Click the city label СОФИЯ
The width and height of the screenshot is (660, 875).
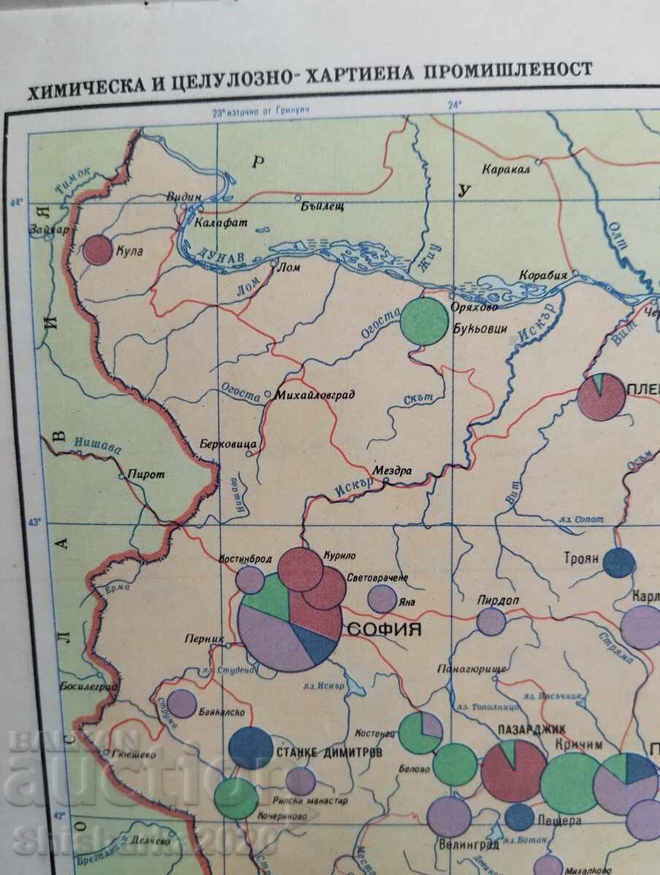(x=384, y=629)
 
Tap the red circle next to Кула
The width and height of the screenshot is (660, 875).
(x=97, y=250)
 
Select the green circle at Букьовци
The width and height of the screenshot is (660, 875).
(x=425, y=320)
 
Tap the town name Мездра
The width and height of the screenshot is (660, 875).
(x=393, y=472)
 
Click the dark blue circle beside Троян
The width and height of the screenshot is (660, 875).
(x=619, y=562)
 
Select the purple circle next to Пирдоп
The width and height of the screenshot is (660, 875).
(x=491, y=621)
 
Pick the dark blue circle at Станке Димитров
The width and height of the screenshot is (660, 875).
(x=251, y=747)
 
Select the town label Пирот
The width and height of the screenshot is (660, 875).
(x=146, y=474)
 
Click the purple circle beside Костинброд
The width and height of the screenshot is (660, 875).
(x=250, y=580)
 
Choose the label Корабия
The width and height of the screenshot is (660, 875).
(x=542, y=276)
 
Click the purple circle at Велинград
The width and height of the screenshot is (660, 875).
(x=448, y=816)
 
